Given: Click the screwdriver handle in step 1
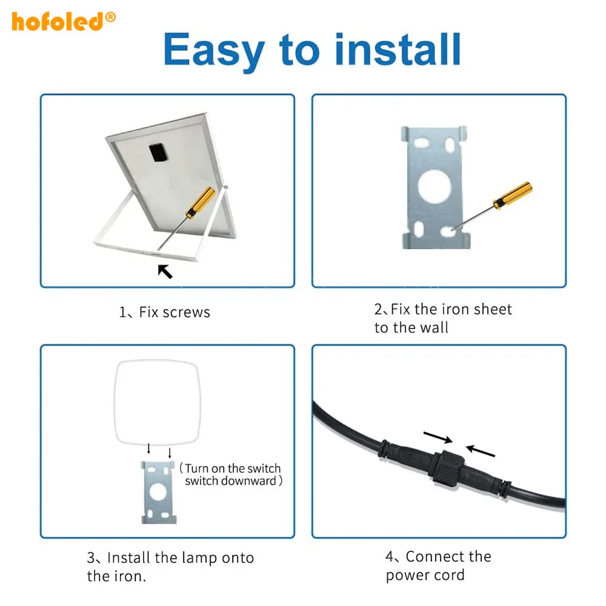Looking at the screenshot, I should pyautogui.click(x=201, y=202).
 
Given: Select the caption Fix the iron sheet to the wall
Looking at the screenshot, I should pyautogui.click(x=442, y=319).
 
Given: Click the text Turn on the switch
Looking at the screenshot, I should pyautogui.click(x=233, y=468).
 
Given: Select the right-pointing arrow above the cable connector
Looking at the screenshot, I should pyautogui.click(x=438, y=438).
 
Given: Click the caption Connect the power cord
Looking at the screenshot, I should pyautogui.click(x=438, y=565).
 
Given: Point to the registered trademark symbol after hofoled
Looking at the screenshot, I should pyautogui.click(x=110, y=17).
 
